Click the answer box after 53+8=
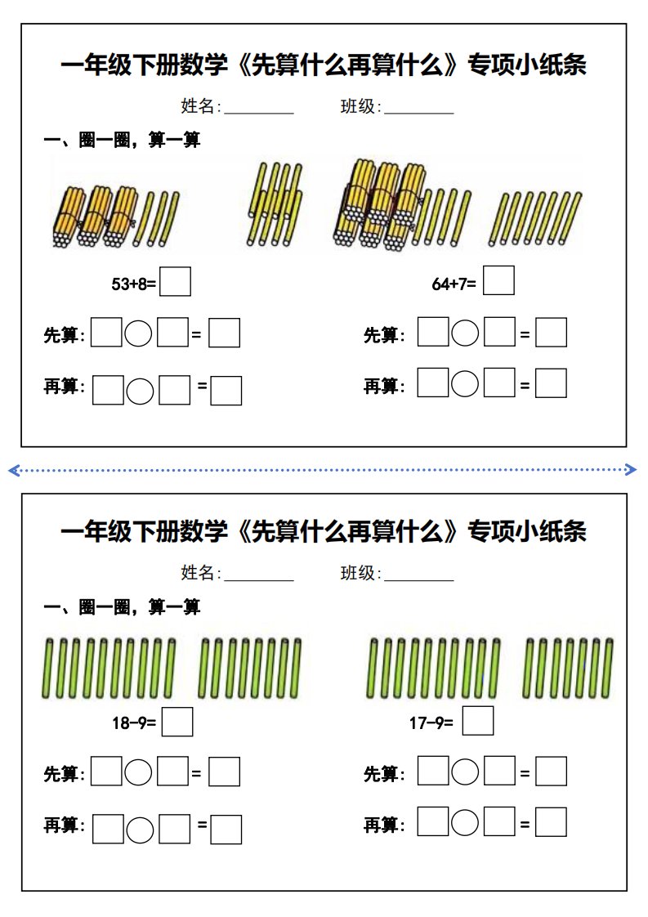(176, 281)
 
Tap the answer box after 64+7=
(498, 280)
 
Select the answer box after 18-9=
(177, 722)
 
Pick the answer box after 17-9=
(478, 721)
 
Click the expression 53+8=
(133, 284)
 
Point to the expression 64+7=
(454, 284)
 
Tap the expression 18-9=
(135, 723)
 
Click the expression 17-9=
(431, 723)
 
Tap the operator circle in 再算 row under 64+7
(466, 382)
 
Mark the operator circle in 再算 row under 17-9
(466, 822)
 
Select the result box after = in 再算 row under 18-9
(226, 829)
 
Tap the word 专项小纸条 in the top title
(526, 65)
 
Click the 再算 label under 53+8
(63, 387)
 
